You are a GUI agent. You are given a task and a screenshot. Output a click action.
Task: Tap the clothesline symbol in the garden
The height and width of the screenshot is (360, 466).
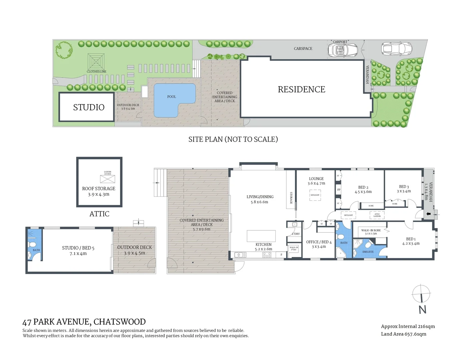click(x=96, y=61)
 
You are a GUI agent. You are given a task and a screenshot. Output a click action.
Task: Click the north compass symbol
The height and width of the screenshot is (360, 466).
click(x=421, y=295)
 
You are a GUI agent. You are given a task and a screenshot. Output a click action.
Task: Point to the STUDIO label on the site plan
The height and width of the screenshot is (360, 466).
click(x=89, y=107)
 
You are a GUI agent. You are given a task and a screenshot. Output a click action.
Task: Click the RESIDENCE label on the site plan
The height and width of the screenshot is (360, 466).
click(x=301, y=89)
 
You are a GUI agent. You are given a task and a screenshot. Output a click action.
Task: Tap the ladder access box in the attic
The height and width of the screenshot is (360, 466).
click(x=107, y=179)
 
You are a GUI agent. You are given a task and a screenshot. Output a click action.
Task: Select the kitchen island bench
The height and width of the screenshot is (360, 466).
click(x=261, y=236)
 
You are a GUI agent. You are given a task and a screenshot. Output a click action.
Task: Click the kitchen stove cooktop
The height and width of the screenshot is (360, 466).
click(x=267, y=255)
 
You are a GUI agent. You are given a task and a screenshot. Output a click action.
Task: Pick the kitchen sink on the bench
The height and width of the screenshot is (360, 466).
click(x=240, y=255)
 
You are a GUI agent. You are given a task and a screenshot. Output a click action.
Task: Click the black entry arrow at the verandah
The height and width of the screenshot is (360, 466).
click(x=429, y=214)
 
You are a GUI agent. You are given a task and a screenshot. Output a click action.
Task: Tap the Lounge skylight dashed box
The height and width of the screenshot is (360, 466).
click(x=315, y=195)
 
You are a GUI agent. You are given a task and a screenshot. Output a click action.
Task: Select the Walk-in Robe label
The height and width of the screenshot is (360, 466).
click(x=371, y=230)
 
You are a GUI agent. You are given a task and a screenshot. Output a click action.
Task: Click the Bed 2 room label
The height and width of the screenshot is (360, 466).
click(x=363, y=187)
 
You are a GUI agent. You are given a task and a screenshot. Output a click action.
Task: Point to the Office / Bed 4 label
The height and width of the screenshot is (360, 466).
click(x=319, y=242)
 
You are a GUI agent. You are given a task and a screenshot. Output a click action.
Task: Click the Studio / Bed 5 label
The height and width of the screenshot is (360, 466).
click(x=78, y=248)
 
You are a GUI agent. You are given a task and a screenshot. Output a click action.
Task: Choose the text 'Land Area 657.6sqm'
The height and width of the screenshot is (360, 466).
click(x=403, y=334)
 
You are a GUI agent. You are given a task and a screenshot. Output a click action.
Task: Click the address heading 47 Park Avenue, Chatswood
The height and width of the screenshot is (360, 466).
click(x=84, y=322)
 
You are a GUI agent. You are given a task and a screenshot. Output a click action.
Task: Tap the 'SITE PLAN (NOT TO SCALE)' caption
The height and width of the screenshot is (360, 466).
click(x=233, y=139)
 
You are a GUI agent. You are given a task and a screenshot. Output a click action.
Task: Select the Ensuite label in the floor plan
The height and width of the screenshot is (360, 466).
click(x=368, y=252)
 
